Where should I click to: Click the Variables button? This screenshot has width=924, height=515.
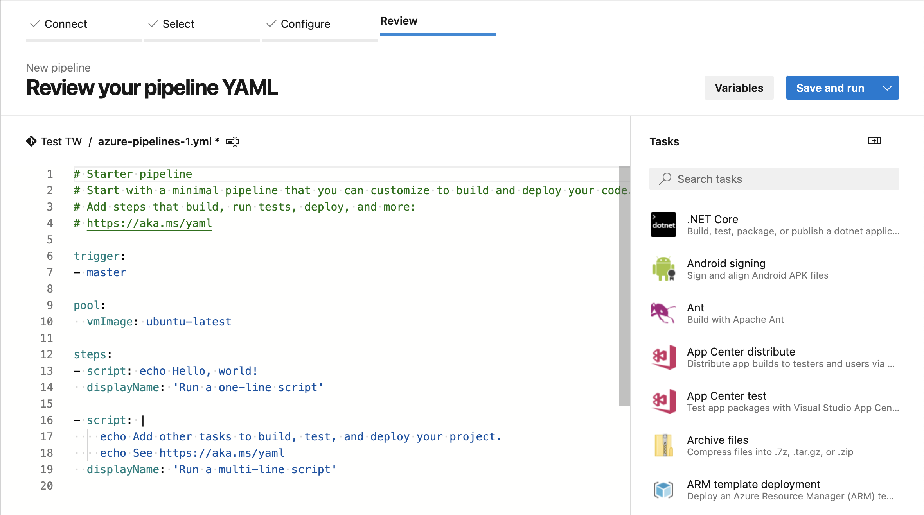pos(739,88)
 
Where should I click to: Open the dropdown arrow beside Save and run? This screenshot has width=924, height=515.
pos(887,88)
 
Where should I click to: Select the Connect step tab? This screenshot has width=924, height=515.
pos(65,24)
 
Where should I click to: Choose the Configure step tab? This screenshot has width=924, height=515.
pos(305,24)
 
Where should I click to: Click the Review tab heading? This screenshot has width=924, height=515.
pos(399,21)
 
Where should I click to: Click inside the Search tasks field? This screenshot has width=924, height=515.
pos(778,179)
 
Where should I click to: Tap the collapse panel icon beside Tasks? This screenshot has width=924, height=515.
pos(874,141)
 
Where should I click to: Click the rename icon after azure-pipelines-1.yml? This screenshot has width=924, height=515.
pos(232,142)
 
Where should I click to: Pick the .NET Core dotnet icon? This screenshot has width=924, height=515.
pos(663,225)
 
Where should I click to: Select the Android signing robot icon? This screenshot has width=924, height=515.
pos(663,269)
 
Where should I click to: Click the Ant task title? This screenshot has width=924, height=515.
pos(695,308)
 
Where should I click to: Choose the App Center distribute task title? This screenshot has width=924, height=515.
pos(741,352)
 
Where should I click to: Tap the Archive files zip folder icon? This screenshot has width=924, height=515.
pos(663,445)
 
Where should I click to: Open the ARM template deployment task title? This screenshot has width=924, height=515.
pos(753,484)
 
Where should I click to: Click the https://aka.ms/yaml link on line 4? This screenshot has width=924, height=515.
pos(149,223)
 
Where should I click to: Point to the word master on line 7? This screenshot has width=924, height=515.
pos(106,272)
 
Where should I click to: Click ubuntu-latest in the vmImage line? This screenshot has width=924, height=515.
pos(189,322)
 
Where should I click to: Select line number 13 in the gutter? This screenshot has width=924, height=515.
pos(47,371)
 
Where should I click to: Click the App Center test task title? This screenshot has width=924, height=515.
pos(726,396)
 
